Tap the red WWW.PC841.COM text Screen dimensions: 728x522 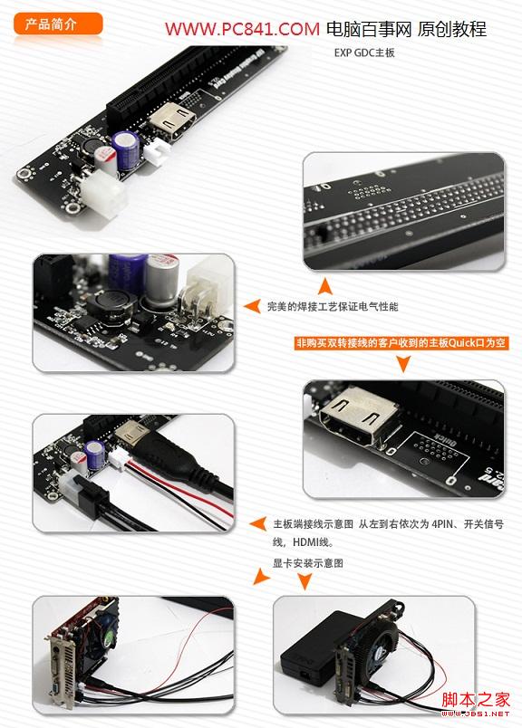coord(241,30)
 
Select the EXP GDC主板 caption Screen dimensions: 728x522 coord(364,53)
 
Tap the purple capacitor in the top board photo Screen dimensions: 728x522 coord(125,147)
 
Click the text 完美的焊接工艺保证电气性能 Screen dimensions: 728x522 coord(333,307)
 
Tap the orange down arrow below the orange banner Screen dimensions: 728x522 coord(402,363)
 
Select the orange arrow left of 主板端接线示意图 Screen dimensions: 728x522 coord(257,523)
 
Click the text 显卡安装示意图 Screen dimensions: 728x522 coord(308,563)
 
